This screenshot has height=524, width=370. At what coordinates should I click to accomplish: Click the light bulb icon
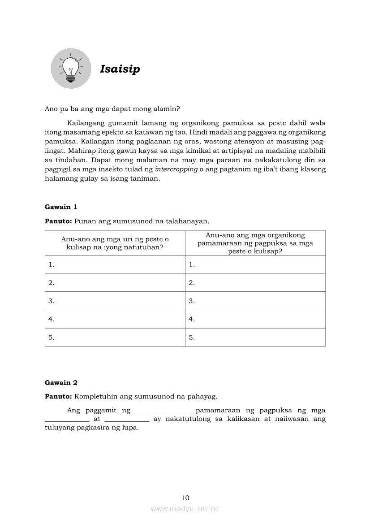click(x=71, y=69)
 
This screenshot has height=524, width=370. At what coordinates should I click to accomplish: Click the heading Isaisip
click(x=120, y=69)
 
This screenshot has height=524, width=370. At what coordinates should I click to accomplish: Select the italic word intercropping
click(x=176, y=169)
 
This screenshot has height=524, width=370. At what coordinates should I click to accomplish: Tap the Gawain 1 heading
click(x=61, y=207)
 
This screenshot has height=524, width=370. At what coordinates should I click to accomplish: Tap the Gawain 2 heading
click(x=61, y=382)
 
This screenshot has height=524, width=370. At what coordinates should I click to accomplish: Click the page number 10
click(x=185, y=498)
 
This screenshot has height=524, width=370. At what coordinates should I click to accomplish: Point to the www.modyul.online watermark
click(x=185, y=508)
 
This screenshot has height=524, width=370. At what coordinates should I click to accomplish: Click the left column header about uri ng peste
click(x=115, y=243)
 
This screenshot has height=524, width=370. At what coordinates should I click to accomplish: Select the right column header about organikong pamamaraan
click(x=255, y=243)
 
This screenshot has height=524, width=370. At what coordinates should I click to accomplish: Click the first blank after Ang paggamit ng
click(x=163, y=411)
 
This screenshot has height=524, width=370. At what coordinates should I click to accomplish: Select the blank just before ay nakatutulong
click(x=127, y=420)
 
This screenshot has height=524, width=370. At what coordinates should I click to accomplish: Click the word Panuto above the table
click(x=58, y=221)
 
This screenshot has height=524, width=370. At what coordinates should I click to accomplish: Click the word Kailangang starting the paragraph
click(x=86, y=123)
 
